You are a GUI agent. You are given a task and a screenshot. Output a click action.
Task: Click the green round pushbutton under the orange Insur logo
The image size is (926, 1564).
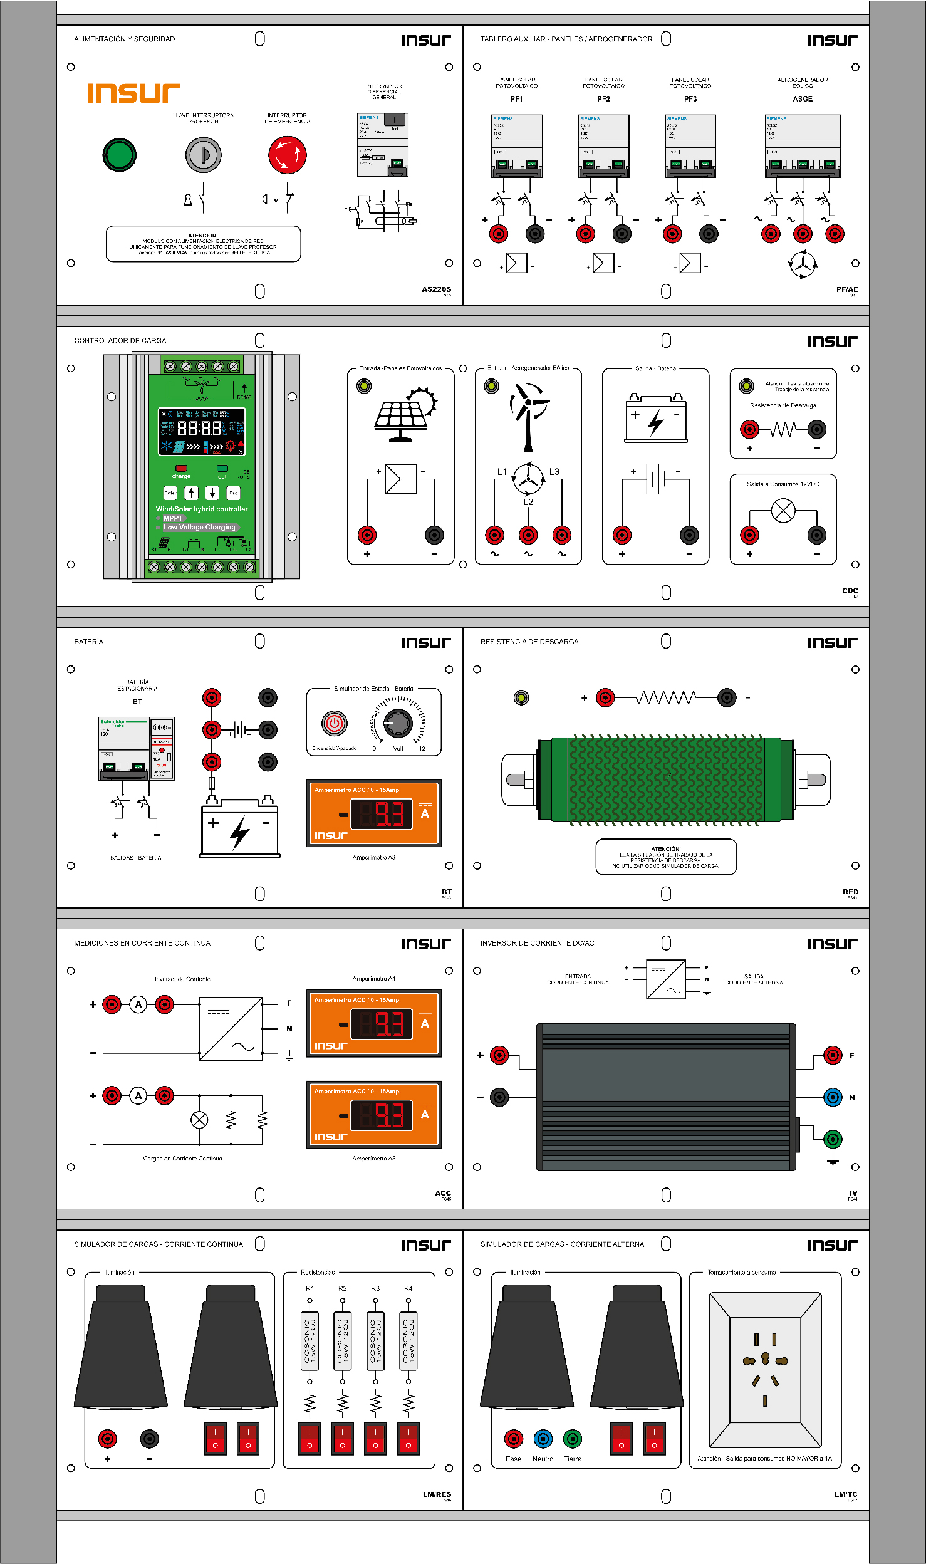coord(119,155)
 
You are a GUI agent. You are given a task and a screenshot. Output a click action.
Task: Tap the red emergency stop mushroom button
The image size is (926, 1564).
coord(288,155)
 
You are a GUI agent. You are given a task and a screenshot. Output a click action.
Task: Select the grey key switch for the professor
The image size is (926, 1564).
coord(203,155)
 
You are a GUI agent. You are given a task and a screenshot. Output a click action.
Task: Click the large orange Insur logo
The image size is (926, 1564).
coord(133,93)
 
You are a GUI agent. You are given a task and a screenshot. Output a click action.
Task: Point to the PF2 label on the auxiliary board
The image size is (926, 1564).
coord(603,99)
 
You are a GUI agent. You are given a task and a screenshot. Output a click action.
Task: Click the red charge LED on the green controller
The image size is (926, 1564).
coord(181,468)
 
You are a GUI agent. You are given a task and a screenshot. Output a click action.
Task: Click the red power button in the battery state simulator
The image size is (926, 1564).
coord(335,724)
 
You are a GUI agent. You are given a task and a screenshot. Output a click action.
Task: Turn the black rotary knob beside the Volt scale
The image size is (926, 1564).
coord(398,724)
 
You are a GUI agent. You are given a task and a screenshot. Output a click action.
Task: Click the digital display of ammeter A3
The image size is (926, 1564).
coord(382,814)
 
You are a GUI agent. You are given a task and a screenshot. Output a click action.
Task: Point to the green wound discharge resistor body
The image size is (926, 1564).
coord(666,779)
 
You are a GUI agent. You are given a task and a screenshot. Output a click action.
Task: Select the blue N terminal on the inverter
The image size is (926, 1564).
coord(832,1097)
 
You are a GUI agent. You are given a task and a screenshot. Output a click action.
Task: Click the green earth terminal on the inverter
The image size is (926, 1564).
coord(832,1139)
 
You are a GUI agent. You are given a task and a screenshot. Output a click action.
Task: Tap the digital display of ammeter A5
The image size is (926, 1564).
coord(382,1115)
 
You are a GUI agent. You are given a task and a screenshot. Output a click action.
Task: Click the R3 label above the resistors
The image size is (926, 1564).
coord(375,1288)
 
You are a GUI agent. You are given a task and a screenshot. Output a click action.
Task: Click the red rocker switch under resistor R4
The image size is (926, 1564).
coord(408,1439)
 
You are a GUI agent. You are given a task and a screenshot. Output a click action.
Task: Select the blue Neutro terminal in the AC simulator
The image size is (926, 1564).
coord(543,1439)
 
